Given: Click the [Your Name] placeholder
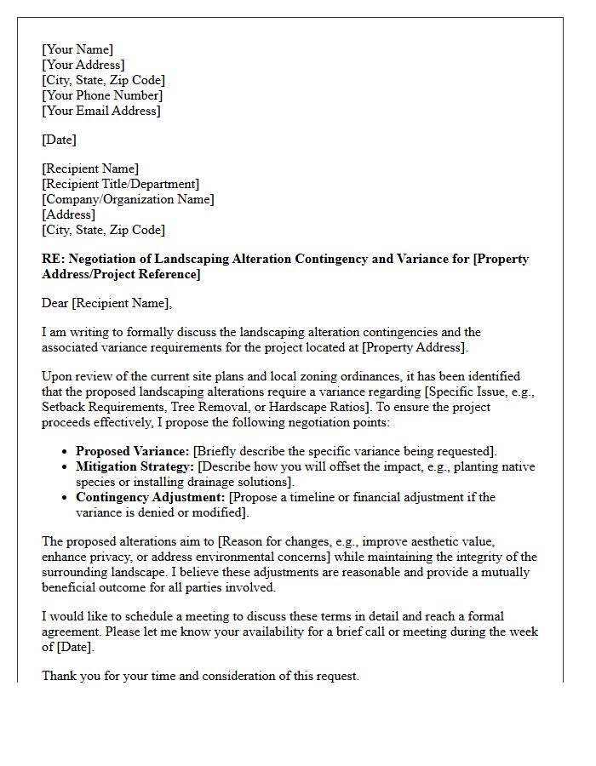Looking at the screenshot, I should tap(77, 49).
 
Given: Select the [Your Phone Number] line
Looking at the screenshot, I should tap(102, 95).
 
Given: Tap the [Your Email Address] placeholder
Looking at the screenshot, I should tap(100, 111).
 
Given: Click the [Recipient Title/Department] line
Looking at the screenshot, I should tap(120, 184).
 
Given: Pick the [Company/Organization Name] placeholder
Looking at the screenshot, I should tap(128, 199).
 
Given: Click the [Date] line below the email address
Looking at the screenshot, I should tap(59, 140).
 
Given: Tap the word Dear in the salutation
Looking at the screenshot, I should tap(55, 303).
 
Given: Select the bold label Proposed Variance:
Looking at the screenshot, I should tap(133, 451).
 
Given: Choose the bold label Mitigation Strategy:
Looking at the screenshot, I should tap(135, 466).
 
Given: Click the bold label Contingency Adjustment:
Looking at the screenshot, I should tap(151, 497).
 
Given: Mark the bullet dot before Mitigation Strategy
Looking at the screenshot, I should tap(66, 467).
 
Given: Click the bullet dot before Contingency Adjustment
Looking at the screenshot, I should tap(66, 498).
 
